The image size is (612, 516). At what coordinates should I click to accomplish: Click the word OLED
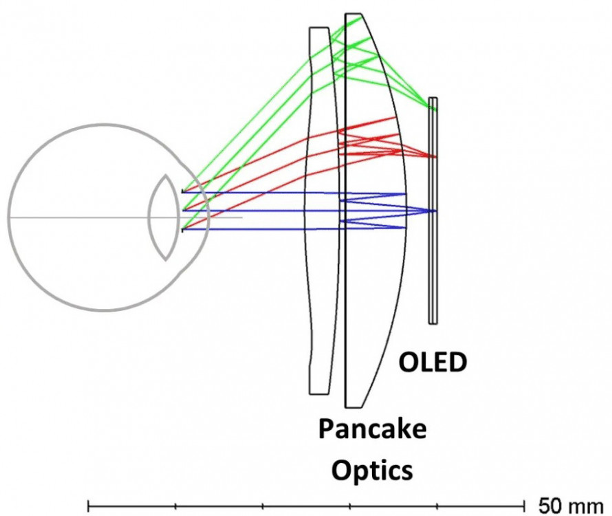(x=433, y=361)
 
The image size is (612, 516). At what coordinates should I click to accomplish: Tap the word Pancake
(x=371, y=430)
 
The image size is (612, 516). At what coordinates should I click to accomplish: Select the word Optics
(x=372, y=471)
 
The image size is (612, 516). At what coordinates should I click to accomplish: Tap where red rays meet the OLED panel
(x=433, y=157)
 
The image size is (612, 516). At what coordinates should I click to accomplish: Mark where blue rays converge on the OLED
(x=433, y=211)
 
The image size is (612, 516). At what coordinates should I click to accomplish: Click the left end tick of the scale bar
(x=89, y=506)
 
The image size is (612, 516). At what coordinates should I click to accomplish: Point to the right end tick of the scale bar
(x=525, y=506)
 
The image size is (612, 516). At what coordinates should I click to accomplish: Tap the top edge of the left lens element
(x=319, y=28)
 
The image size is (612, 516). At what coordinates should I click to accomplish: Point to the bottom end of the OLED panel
(x=433, y=322)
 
